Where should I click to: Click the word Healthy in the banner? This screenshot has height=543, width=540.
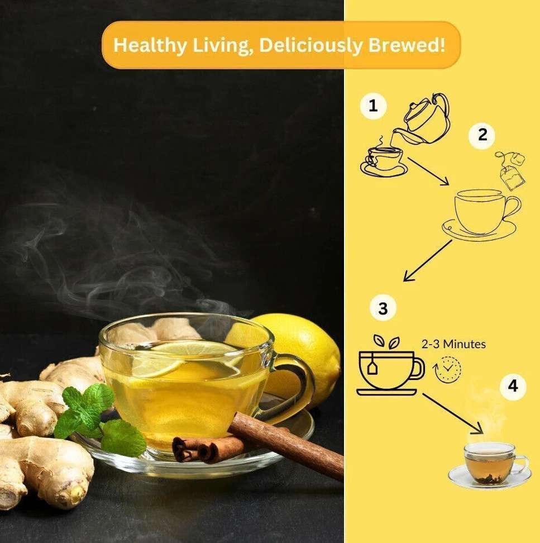(150, 45)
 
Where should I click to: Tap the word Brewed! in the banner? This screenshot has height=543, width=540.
(407, 45)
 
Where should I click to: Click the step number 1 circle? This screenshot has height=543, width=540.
(373, 106)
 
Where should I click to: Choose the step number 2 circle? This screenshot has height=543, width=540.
(482, 135)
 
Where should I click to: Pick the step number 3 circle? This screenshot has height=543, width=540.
(383, 308)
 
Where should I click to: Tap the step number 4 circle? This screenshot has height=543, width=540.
(513, 386)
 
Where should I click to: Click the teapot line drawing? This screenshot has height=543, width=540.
(422, 120)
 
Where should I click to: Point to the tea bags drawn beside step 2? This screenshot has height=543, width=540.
(511, 170)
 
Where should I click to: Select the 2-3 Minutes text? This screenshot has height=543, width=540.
(453, 344)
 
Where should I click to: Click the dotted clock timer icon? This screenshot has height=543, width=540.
(447, 369)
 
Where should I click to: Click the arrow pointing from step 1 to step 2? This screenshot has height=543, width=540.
(428, 172)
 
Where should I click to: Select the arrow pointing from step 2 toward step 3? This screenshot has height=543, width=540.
(428, 260)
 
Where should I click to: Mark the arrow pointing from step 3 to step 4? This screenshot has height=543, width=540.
(453, 413)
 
